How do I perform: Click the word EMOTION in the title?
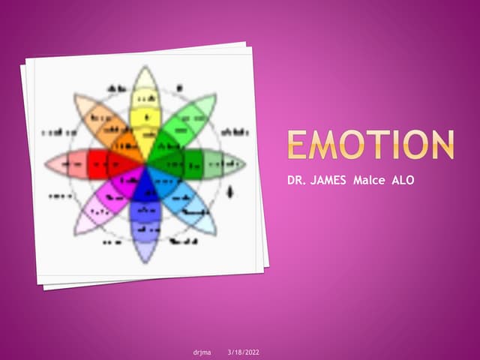point(370,145)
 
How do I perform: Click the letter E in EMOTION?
point(298,145)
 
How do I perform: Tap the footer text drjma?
point(202,352)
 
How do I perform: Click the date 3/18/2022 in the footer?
point(243,352)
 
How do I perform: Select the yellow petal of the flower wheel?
point(145,120)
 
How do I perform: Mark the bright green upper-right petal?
point(178,127)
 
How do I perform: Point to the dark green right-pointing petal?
point(196,163)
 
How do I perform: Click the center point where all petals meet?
point(145,163)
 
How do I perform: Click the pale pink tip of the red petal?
point(58,163)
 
